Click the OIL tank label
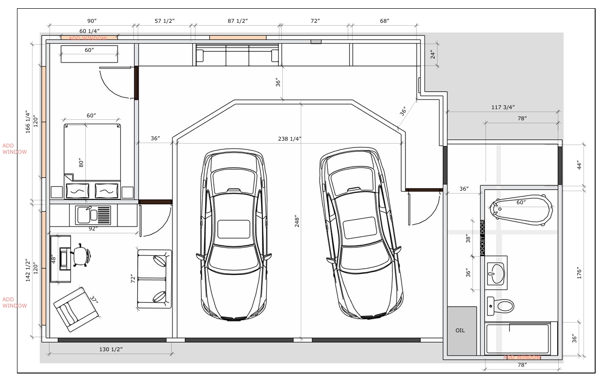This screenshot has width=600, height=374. [x=460, y=330]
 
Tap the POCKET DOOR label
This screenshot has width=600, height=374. [x=483, y=238]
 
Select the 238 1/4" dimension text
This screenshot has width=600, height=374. [x=290, y=139]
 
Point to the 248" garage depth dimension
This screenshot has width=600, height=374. [x=297, y=221]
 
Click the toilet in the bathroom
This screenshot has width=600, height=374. [x=500, y=306]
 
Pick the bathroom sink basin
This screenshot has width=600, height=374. [x=496, y=274]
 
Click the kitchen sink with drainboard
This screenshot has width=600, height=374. [x=93, y=215]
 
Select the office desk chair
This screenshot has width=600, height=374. [x=81, y=255]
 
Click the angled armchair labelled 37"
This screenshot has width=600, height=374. [x=76, y=309]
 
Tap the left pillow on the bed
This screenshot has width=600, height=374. [x=78, y=191]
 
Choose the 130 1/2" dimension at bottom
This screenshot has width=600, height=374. [x=111, y=349]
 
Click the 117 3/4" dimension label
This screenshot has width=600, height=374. [x=503, y=107]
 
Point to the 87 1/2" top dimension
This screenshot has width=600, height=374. [x=238, y=21]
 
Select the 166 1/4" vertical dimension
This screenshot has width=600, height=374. [x=28, y=122]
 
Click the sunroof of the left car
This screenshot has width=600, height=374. [x=234, y=229]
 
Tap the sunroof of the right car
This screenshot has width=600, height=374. [x=359, y=228]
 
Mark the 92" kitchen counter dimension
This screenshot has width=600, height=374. [x=93, y=228]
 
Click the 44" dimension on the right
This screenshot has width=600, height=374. [x=579, y=165]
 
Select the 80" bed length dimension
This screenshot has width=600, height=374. [x=81, y=163]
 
